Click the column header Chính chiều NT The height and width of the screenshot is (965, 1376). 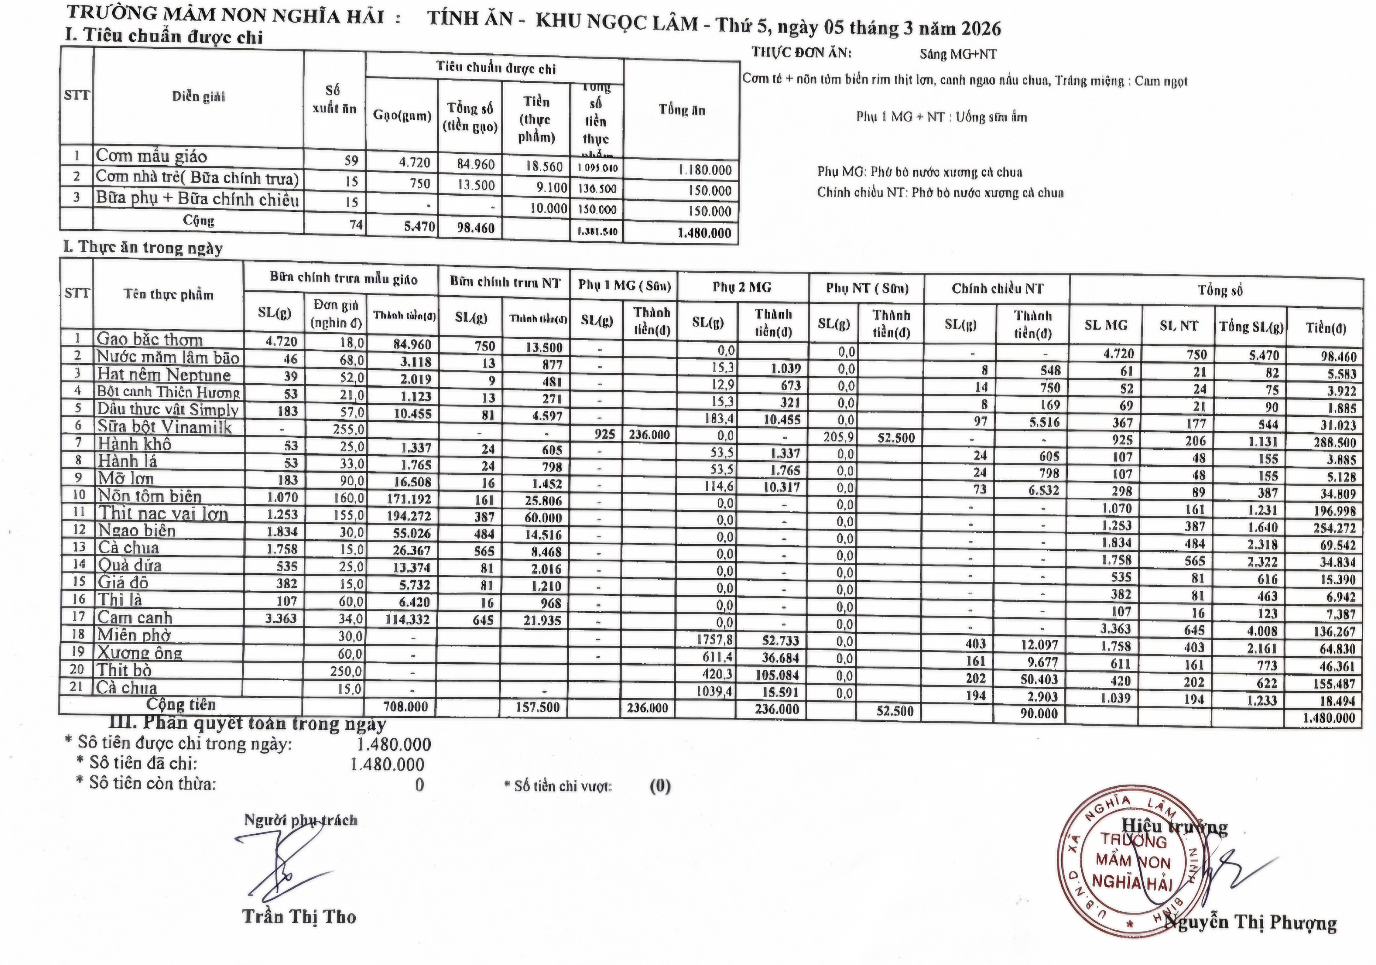tap(997, 289)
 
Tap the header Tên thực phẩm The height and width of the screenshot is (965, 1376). tap(168, 294)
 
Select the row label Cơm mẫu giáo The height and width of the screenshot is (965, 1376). tap(152, 156)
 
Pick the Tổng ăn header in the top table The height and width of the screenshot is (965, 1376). tap(682, 110)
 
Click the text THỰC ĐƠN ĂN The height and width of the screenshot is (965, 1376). tap(801, 53)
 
